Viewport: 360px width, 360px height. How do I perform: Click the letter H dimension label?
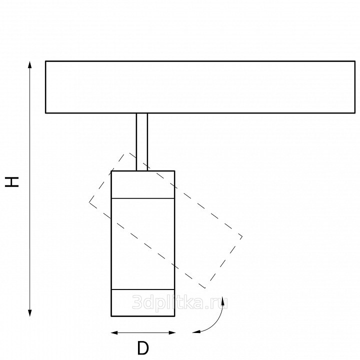pyautogui.click(x=12, y=182)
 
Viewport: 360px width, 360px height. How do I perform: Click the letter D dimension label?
pyautogui.click(x=143, y=348)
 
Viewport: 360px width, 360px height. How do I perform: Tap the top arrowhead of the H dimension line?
pyautogui.click(x=29, y=64)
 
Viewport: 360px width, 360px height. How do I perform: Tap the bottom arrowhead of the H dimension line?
pyautogui.click(x=29, y=312)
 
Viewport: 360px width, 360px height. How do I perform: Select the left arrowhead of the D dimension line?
pyautogui.click(x=114, y=332)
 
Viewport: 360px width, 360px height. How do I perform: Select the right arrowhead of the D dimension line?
pyautogui.click(x=172, y=332)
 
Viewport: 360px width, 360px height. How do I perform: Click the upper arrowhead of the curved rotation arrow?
pyautogui.click(x=222, y=300)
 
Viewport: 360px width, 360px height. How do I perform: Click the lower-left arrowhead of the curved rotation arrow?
pyautogui.click(x=196, y=331)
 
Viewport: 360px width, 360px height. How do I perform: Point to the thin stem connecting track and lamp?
pyautogui.click(x=142, y=142)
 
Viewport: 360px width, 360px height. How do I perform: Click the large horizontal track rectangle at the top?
pyautogui.click(x=200, y=87)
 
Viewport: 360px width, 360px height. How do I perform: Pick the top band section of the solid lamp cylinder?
pyautogui.click(x=143, y=184)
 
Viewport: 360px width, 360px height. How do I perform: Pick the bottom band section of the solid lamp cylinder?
pyautogui.click(x=143, y=303)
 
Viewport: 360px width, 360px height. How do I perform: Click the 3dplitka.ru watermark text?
pyautogui.click(x=180, y=302)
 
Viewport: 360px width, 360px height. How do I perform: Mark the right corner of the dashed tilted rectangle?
pyautogui.click(x=242, y=236)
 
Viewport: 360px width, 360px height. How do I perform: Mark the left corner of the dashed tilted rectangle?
pyautogui.click(x=89, y=202)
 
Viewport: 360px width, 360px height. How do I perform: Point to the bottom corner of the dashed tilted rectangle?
pyautogui.click(x=205, y=288)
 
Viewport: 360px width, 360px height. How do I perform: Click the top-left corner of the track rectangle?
pyautogui.click(x=45, y=61)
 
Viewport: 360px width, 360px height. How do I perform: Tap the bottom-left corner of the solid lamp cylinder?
pyautogui.click(x=111, y=316)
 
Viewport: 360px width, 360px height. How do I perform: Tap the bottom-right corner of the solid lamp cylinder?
pyautogui.click(x=174, y=316)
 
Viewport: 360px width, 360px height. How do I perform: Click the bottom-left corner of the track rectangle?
pyautogui.click(x=45, y=113)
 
